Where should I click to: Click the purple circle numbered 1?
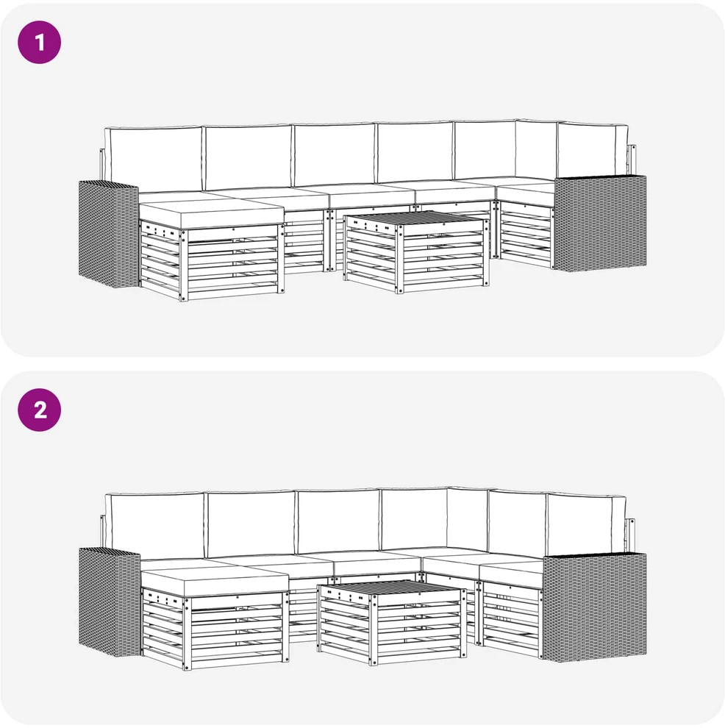40,42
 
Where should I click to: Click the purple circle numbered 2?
40,410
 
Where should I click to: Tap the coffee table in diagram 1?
416,251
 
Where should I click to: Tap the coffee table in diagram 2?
392,621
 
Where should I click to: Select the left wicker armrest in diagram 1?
109,234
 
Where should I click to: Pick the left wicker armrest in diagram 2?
110,602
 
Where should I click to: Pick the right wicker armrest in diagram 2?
595,607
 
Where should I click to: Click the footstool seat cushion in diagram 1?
212,213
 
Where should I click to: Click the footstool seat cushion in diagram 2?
215,582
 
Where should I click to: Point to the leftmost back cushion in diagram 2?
154,527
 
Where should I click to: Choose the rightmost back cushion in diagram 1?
592,150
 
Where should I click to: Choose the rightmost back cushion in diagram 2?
586,524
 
